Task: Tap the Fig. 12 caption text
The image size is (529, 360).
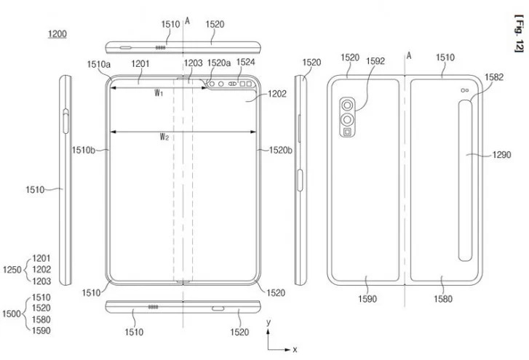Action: click(518, 35)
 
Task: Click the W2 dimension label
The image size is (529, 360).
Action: click(165, 137)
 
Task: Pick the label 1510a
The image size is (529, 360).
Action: click(100, 64)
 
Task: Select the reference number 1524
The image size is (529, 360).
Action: click(246, 63)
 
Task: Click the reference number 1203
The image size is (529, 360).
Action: click(193, 63)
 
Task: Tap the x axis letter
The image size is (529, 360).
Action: click(295, 350)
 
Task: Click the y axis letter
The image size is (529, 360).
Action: click(269, 321)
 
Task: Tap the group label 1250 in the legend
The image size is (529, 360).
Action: click(14, 269)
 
